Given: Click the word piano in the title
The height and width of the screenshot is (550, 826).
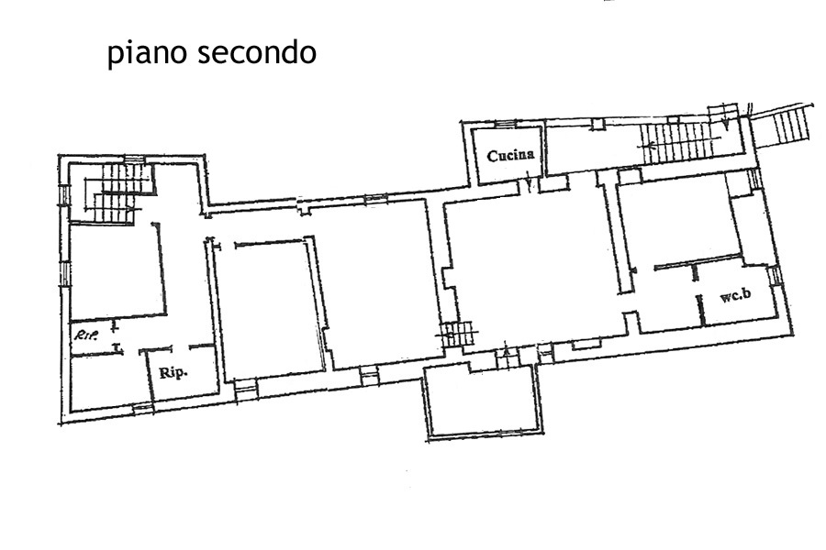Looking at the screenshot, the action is pos(146,54).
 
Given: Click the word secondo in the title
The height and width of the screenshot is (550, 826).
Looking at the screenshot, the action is pos(256,51).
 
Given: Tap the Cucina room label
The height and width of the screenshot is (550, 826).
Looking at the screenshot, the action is pos(510,155).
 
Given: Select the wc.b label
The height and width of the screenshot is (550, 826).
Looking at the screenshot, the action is pos(735,296).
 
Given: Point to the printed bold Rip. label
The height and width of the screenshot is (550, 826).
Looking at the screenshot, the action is pos(173,373).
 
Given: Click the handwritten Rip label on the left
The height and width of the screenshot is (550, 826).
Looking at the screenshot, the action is pos(85,335).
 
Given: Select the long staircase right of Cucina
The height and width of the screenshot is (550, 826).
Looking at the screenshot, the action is pos(679,142).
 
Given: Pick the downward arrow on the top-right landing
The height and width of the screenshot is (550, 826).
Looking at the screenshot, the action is pos(725,122).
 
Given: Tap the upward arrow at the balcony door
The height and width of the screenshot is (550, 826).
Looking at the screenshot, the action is pos(506,352).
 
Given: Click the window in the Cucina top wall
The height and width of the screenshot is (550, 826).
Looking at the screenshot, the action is pos(507,125).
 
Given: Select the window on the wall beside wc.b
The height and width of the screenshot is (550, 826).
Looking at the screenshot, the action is pos(774,276).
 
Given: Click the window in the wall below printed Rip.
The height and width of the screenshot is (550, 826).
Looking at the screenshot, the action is pos(142,407).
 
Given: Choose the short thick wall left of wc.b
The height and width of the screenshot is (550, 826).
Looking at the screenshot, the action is pos(701,311).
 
